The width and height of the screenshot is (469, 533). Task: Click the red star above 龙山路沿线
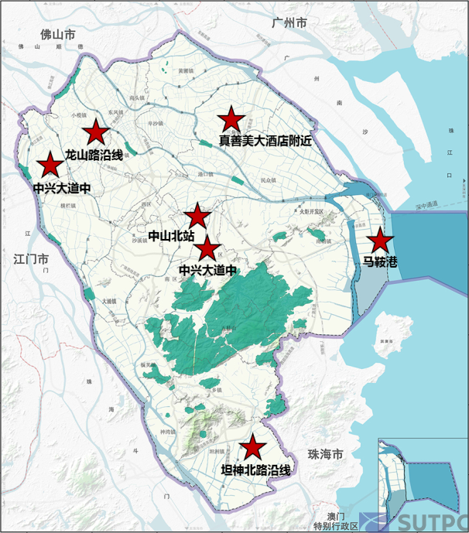pyautogui.click(x=95, y=131)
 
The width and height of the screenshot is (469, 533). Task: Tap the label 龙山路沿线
pyautogui.click(x=94, y=155)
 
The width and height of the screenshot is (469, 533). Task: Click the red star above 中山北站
pyautogui.click(x=197, y=217)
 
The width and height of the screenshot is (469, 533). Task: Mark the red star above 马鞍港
pyautogui.click(x=379, y=241)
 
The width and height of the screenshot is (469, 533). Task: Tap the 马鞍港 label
pyautogui.click(x=379, y=263)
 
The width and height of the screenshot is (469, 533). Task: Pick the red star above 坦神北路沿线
pyautogui.click(x=252, y=447)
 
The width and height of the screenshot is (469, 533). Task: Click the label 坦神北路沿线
pyautogui.click(x=256, y=469)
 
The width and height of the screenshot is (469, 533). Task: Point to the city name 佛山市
pyautogui.click(x=58, y=35)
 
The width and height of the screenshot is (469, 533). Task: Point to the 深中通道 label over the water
pyautogui.click(x=425, y=205)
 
